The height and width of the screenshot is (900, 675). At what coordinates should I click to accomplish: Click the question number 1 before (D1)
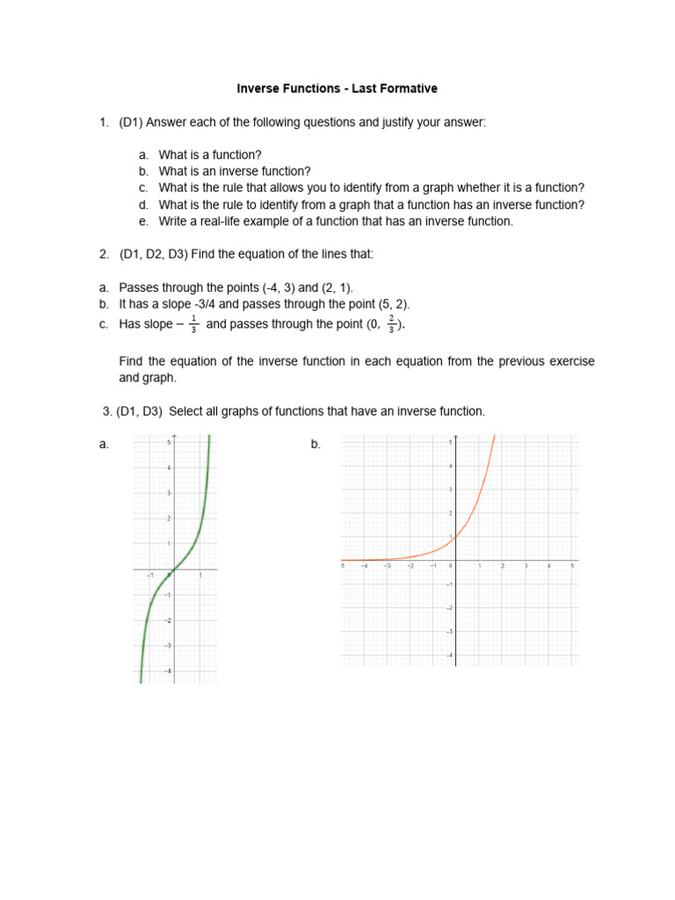(x=104, y=121)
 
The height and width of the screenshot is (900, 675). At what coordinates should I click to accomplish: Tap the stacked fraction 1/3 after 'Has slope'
(x=193, y=324)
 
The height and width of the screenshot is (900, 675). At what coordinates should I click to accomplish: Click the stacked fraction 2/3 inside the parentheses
(x=391, y=324)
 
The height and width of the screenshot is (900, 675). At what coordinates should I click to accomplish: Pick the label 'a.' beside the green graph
(x=104, y=445)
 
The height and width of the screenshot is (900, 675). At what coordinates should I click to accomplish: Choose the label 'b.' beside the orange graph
(x=316, y=445)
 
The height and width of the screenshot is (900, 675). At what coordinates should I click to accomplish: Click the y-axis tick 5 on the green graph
(x=168, y=443)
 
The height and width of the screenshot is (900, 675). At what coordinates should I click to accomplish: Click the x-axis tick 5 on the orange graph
(x=571, y=566)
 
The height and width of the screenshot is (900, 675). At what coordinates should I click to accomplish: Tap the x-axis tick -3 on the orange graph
(x=387, y=566)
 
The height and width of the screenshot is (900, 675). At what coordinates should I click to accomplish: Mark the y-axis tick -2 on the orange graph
(x=449, y=607)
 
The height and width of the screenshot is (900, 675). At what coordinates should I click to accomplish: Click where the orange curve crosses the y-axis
(x=455, y=536)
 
